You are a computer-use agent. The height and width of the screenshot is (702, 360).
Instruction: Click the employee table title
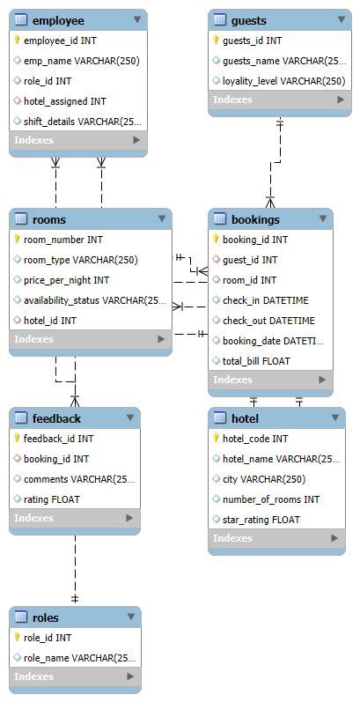coord(58,19)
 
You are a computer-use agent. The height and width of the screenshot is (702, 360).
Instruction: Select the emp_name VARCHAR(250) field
coord(81,61)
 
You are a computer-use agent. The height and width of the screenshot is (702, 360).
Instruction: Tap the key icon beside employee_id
coord(18,41)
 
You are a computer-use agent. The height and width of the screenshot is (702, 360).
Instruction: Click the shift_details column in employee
coord(81,122)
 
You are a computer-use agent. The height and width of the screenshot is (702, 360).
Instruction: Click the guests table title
coord(248,19)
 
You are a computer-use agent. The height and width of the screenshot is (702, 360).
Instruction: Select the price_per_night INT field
coord(66,280)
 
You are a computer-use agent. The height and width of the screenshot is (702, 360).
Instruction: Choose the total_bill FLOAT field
coord(256,361)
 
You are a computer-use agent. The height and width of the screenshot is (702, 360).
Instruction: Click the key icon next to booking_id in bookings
coord(217,240)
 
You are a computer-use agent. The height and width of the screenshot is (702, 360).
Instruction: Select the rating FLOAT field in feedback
coord(52,499)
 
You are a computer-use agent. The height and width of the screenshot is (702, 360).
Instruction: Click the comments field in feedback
coord(77,479)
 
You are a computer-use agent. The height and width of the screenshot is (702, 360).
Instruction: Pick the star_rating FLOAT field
coord(261,520)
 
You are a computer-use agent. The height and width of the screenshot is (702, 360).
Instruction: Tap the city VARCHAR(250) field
coord(264,479)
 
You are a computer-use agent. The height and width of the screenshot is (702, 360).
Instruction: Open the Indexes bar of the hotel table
coord(276,538)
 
